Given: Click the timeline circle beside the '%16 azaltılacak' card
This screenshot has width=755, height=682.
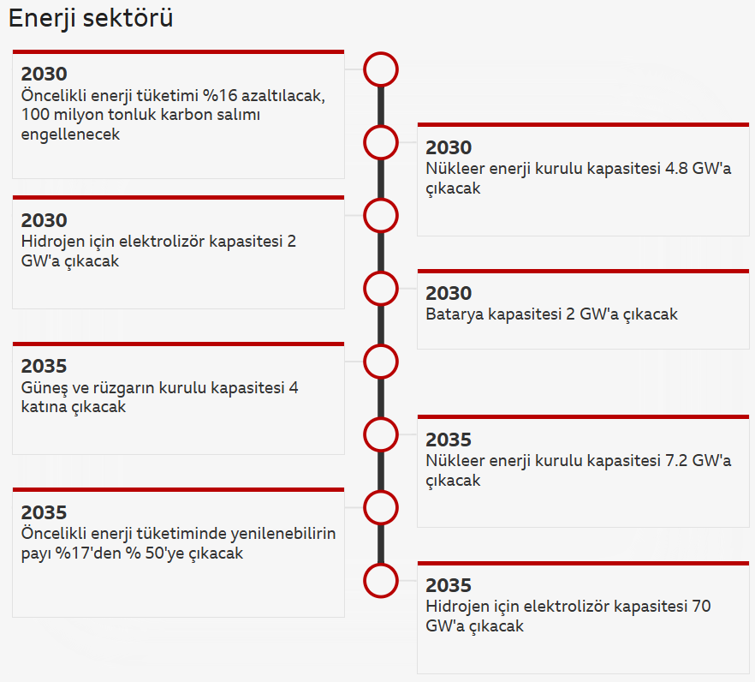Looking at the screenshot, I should pyautogui.click(x=381, y=69).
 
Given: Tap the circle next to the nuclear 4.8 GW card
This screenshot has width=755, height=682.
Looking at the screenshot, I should pyautogui.click(x=381, y=142).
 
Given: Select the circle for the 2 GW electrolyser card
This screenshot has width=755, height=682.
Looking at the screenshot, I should pyautogui.click(x=381, y=215).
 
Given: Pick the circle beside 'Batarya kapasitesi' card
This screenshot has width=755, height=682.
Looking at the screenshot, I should pyautogui.click(x=381, y=289).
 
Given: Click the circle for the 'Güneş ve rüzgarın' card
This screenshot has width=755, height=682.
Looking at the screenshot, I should pyautogui.click(x=381, y=362).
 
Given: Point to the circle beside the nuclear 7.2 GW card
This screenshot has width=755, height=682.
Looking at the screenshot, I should pyautogui.click(x=381, y=434).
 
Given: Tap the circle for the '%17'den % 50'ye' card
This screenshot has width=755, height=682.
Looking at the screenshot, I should pyautogui.click(x=381, y=508).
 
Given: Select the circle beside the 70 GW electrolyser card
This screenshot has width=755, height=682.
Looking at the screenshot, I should pyautogui.click(x=381, y=581).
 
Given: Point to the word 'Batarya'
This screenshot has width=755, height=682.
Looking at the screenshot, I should pyautogui.click(x=454, y=314).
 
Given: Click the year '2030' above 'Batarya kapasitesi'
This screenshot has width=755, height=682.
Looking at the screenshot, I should pyautogui.click(x=449, y=294).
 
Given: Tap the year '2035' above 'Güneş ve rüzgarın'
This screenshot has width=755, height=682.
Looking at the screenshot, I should pyautogui.click(x=44, y=367).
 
